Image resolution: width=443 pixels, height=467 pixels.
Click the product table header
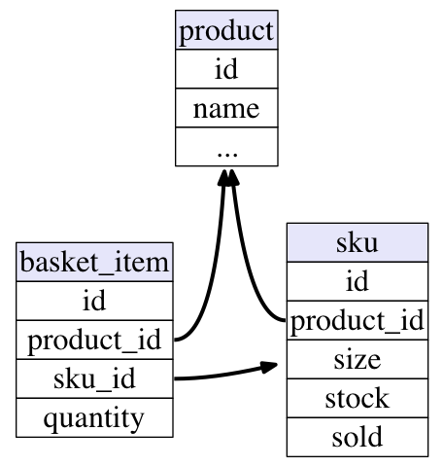226,30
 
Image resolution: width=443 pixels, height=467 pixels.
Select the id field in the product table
226,69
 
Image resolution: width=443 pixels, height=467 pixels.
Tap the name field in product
226,108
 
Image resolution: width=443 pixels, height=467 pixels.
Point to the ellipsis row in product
226,147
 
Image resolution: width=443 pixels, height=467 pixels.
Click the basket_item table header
94,262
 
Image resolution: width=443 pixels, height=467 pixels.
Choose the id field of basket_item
94,301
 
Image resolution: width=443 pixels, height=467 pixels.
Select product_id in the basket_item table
94,340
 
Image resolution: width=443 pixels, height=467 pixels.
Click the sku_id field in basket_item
94,378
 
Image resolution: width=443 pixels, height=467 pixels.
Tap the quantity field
94,417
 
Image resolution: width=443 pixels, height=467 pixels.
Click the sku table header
358,242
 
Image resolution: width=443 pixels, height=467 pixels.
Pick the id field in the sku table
358,281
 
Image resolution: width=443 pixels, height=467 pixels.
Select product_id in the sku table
358,320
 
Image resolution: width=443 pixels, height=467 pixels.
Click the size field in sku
358,359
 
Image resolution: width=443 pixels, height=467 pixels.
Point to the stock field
358,398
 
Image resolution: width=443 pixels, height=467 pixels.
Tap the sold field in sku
358,437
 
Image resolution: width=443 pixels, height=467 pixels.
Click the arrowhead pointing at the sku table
269,367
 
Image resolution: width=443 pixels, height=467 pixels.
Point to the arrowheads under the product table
228,178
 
